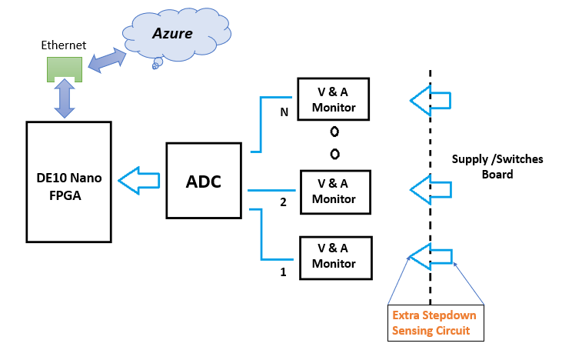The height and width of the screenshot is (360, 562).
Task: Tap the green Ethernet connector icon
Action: pos(63,68)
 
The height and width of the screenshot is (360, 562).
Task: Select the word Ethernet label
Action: pos(64,45)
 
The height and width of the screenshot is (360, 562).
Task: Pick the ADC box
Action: pos(205,181)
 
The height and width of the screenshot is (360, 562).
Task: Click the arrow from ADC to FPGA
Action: pos(139,181)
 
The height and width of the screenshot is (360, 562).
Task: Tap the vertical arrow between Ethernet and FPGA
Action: pos(63,101)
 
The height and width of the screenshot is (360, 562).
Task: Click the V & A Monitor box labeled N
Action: pos(334,98)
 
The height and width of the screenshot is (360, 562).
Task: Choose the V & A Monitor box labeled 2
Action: pos(334,190)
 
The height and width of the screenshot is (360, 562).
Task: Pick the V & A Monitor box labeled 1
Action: pos(334,256)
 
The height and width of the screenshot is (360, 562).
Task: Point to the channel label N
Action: pos(284,112)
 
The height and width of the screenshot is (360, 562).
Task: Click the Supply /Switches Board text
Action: pos(497,166)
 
